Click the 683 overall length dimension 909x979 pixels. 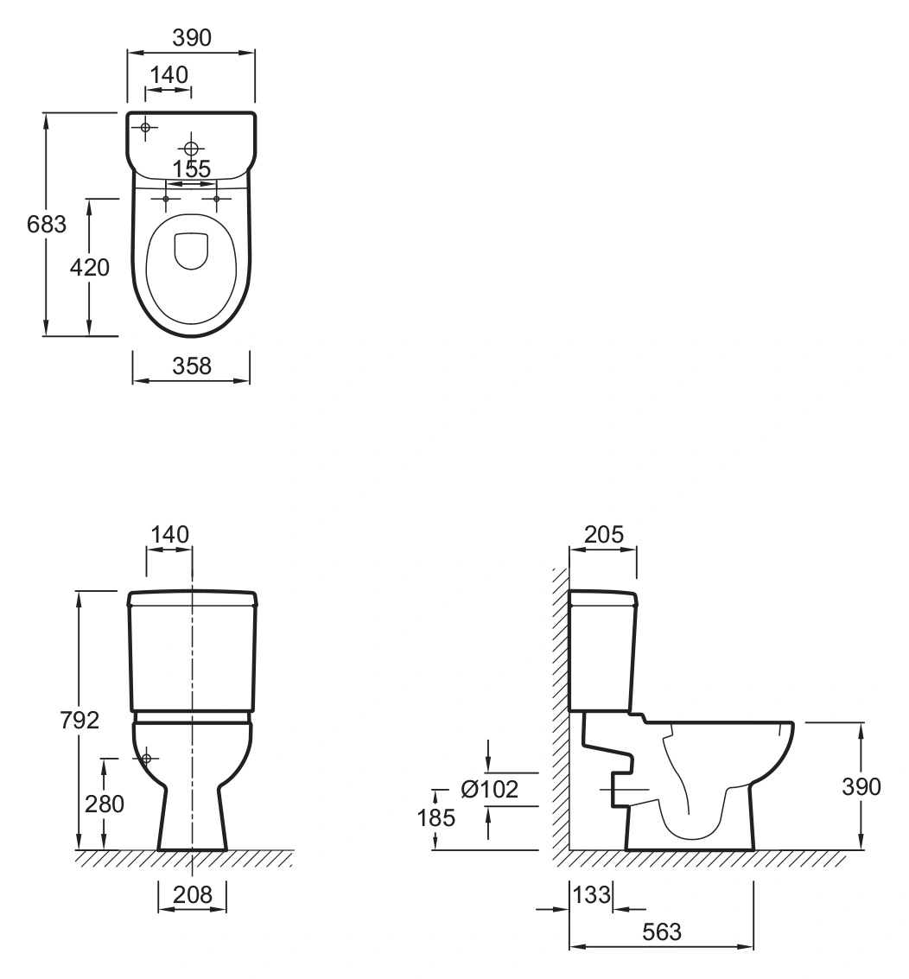click(x=46, y=224)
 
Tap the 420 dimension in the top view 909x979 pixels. click(x=89, y=267)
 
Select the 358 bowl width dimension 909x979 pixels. click(x=192, y=366)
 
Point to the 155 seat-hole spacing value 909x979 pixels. click(x=192, y=168)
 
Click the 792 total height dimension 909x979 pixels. click(x=79, y=720)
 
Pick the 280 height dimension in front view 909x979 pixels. click(x=105, y=804)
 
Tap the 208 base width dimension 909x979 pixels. click(x=193, y=894)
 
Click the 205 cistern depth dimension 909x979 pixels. click(x=604, y=535)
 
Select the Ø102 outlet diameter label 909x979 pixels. click(x=489, y=789)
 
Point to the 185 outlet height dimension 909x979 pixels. click(x=435, y=817)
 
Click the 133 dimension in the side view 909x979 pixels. click(x=591, y=894)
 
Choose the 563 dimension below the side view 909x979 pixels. click(x=662, y=932)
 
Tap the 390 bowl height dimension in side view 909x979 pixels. click(x=861, y=786)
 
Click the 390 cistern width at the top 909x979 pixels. click(x=192, y=38)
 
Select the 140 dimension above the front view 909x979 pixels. click(x=170, y=535)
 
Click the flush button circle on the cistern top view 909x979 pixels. click(x=191, y=149)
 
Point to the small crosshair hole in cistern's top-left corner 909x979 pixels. click(x=145, y=127)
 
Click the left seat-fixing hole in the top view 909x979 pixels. click(x=166, y=200)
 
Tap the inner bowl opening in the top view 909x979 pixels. click(x=191, y=251)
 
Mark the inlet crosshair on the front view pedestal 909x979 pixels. click(x=147, y=759)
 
